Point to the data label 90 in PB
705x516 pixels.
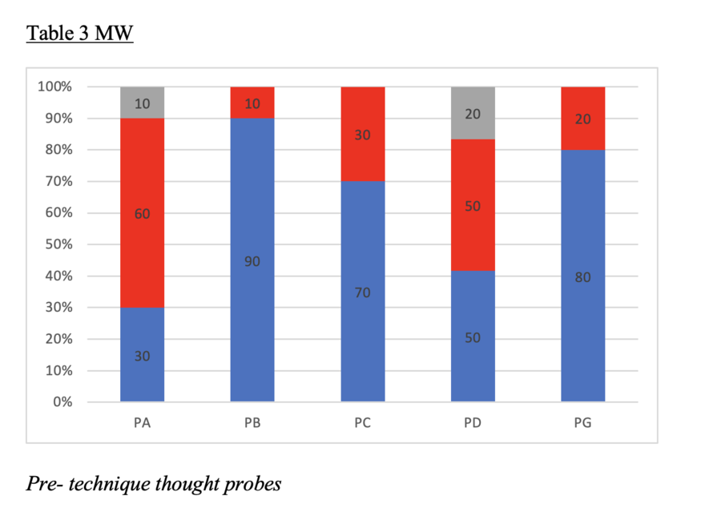(x=252, y=261)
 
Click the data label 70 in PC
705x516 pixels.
(x=362, y=293)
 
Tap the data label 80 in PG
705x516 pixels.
(x=582, y=277)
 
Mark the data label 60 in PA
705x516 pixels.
(x=142, y=214)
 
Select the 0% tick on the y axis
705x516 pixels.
(x=62, y=402)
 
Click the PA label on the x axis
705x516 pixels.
(x=142, y=422)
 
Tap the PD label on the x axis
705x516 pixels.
(x=473, y=422)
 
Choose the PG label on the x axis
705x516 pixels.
(x=582, y=422)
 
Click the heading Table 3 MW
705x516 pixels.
(x=79, y=34)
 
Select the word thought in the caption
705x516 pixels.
(x=192, y=484)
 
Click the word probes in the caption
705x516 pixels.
(x=253, y=485)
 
